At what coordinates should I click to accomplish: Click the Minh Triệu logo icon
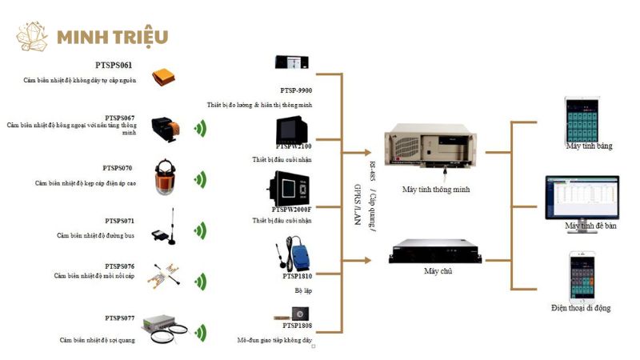click(x=34, y=37)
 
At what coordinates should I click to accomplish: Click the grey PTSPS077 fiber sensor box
click(x=162, y=325)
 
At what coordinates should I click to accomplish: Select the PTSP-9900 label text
click(x=296, y=90)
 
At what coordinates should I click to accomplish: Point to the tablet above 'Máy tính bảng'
click(x=582, y=118)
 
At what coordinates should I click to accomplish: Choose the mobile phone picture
click(x=585, y=276)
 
